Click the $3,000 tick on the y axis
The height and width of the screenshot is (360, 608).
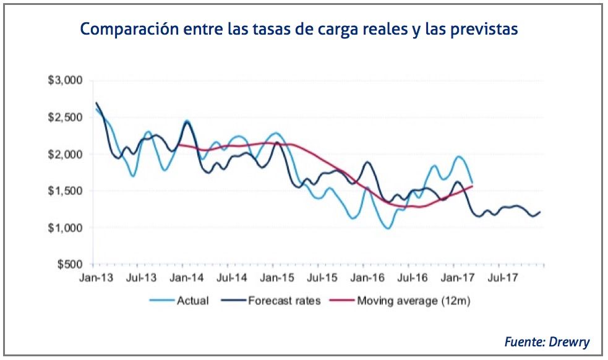[x=69, y=81]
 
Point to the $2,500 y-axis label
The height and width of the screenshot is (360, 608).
[x=69, y=118]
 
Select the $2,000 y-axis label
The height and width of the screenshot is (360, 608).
[x=69, y=154]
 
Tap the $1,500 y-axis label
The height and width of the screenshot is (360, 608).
[x=69, y=191]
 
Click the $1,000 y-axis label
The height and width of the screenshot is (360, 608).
[x=69, y=228]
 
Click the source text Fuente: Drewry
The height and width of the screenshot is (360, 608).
[x=547, y=341]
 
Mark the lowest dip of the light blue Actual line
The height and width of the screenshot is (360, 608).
[x=388, y=228]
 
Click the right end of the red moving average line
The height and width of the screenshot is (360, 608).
[x=473, y=186]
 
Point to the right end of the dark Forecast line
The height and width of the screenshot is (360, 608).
[x=540, y=212]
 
